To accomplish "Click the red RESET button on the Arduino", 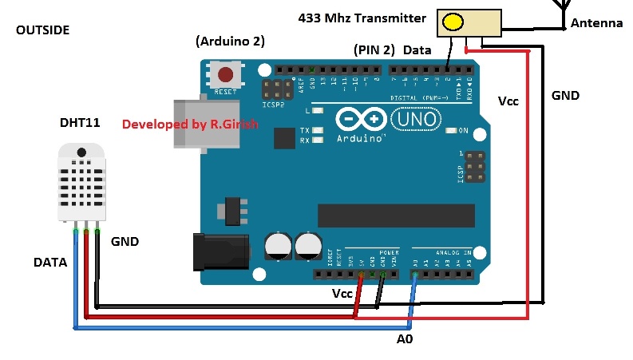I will (x=226, y=75).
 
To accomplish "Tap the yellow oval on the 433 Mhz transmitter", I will (x=453, y=22).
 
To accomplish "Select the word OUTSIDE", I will (x=43, y=30).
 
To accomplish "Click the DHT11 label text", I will (x=80, y=123).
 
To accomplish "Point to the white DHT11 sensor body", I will (x=81, y=182).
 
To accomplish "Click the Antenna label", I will (x=596, y=23).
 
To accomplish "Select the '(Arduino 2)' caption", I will (x=230, y=41).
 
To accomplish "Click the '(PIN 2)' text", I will (x=374, y=49).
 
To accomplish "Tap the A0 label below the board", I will (x=406, y=338).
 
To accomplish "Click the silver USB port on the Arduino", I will (x=206, y=124).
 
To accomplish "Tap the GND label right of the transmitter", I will (x=565, y=95).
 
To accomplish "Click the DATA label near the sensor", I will (x=50, y=262).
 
